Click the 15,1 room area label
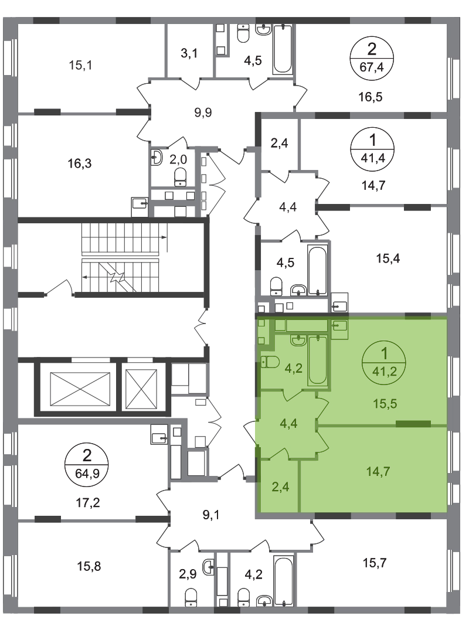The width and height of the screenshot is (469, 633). coord(80,64)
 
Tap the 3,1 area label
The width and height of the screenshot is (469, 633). coord(189,53)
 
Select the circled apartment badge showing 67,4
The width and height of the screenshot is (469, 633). coord(372,58)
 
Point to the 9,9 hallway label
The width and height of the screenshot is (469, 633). coord(203,112)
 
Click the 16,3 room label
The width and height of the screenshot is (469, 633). coord(80,164)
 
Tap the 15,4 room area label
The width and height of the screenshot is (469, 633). coord(388,258)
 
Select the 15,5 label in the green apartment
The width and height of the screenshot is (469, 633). coord(385,403)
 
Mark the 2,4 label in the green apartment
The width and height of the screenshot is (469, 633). coord(280,487)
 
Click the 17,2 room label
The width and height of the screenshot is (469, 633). coord(88,503)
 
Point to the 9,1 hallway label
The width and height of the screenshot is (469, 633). coord(211,515)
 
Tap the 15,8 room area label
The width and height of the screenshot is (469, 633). coord(89,566)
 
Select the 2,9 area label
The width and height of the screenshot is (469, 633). coord(188,574)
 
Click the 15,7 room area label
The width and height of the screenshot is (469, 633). coord(375,562)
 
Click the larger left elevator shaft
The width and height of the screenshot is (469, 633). coord(80,387)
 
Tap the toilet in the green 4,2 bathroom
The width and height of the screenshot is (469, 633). coord(270,362)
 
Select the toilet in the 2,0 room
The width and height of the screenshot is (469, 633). coord(180,177)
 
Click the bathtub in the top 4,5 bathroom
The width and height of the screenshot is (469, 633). coord(283,49)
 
